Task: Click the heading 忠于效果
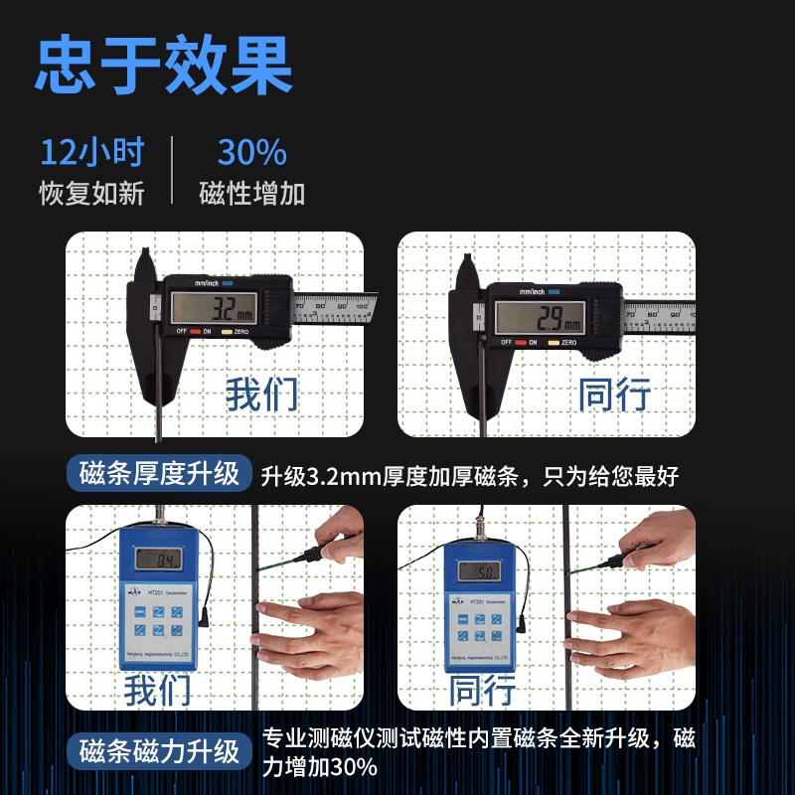click(164, 66)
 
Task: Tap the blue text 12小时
click(92, 153)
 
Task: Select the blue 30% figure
click(251, 153)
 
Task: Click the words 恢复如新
click(92, 193)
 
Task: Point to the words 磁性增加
click(251, 193)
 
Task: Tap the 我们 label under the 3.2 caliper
click(261, 394)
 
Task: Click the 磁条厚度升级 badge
click(159, 474)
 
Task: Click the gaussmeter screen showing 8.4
click(159, 562)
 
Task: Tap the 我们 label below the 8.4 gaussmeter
click(157, 689)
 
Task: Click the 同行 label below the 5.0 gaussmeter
click(482, 689)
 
